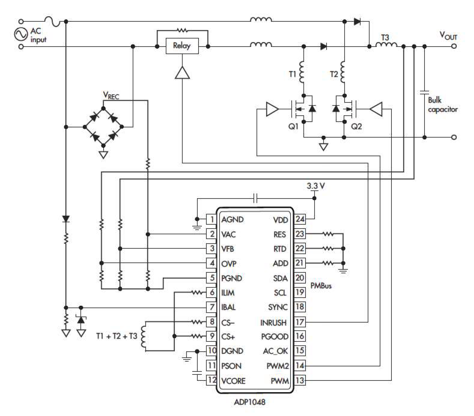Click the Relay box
point(182,46)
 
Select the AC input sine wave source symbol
point(21,34)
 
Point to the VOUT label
point(448,35)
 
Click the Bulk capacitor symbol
point(424,93)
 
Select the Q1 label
point(293,126)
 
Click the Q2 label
point(356,126)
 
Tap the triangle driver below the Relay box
point(182,73)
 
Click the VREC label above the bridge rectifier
point(111,95)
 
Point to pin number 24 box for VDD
point(300,219)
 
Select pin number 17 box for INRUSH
point(300,322)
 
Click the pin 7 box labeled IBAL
point(211,307)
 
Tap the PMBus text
point(321,286)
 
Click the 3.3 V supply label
point(316,186)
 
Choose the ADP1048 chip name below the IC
point(249,402)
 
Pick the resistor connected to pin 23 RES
point(328,234)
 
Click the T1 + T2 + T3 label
point(116,336)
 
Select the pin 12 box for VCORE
point(211,380)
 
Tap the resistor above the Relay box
point(182,30)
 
